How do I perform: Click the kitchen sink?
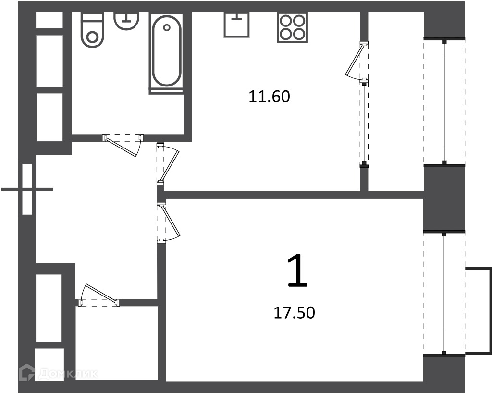coord(236,25)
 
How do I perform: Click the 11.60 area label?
coord(269,97)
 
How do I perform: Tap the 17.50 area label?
coord(295,313)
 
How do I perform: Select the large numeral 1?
coord(297,271)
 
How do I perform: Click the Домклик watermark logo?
coord(58,373)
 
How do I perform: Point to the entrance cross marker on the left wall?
coord(27,189)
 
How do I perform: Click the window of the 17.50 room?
coord(444,293)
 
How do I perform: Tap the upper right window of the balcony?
coord(444,101)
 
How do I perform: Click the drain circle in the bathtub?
coord(167,27)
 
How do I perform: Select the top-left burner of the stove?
coord(286,21)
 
